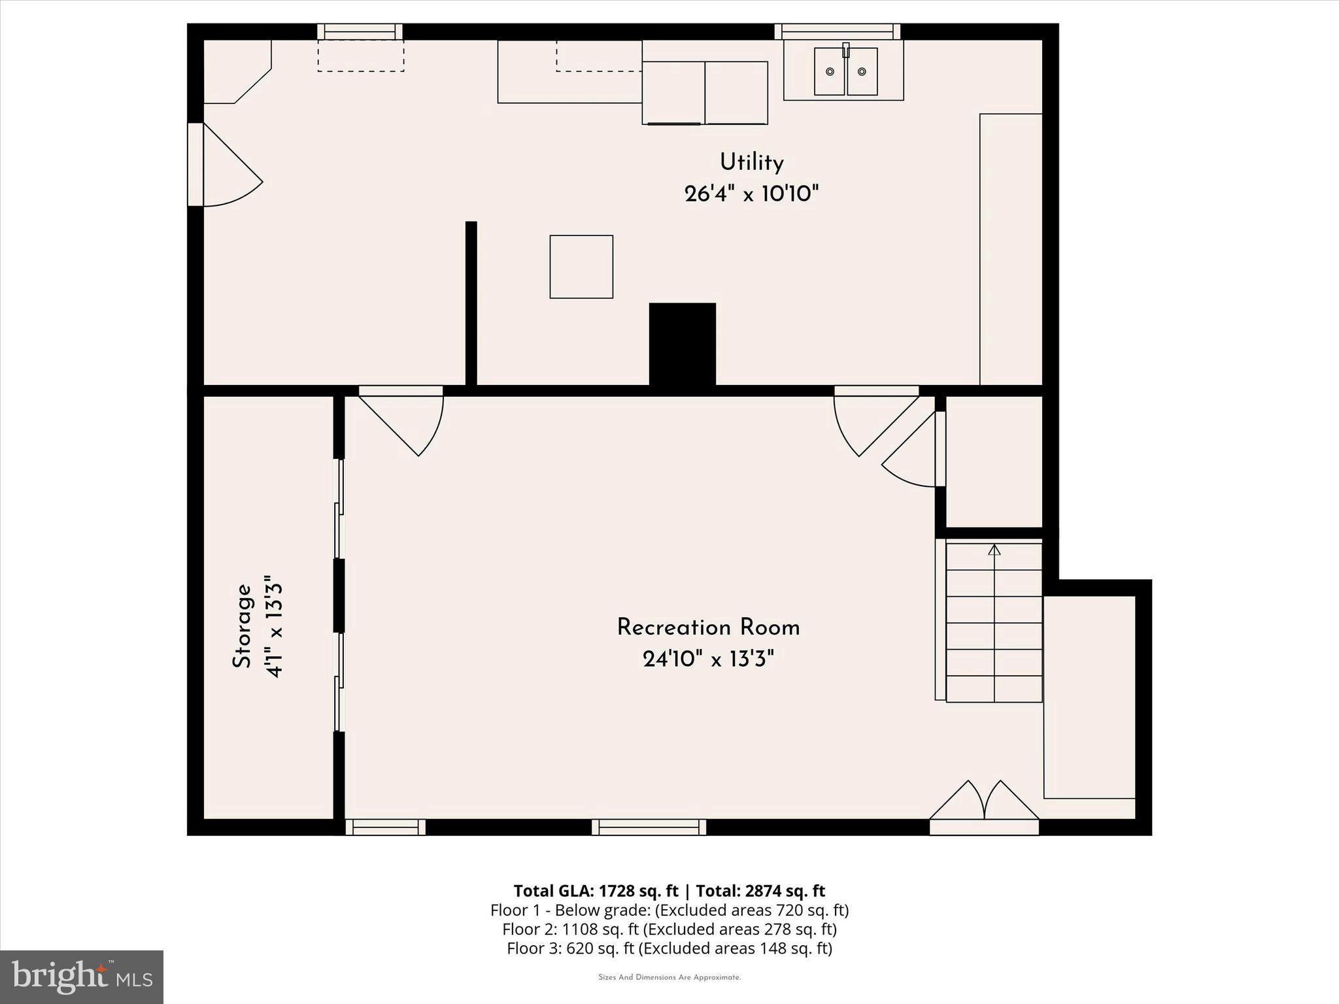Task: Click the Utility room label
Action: [x=751, y=162]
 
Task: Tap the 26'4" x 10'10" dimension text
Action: [x=751, y=194]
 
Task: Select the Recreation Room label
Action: [x=708, y=627]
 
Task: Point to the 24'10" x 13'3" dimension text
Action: [x=708, y=660]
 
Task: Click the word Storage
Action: [x=242, y=626]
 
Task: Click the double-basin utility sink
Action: [x=845, y=71]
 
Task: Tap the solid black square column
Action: [x=682, y=344]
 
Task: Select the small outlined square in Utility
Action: [x=581, y=267]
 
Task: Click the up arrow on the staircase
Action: [x=994, y=550]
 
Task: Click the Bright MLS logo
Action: [x=82, y=977]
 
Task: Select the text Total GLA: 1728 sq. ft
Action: [x=596, y=891]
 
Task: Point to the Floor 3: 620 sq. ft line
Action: [x=669, y=948]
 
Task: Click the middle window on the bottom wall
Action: [x=649, y=827]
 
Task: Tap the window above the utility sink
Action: [x=837, y=31]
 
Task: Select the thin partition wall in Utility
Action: [x=471, y=303]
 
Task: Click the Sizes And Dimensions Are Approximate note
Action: [x=669, y=978]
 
